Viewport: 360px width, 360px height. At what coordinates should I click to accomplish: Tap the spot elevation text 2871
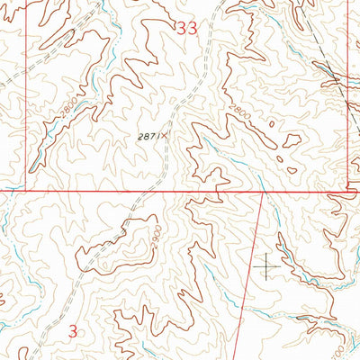[148, 137]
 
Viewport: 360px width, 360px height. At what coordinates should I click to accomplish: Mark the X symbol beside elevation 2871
[166, 136]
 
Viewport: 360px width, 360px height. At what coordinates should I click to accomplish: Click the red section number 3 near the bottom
[73, 331]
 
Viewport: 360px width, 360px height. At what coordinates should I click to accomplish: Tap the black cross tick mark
[266, 265]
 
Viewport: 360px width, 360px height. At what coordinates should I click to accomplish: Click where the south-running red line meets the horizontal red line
[263, 191]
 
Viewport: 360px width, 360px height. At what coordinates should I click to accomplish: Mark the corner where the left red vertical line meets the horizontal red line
[26, 191]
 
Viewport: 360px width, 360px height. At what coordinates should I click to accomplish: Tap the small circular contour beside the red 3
[81, 332]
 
